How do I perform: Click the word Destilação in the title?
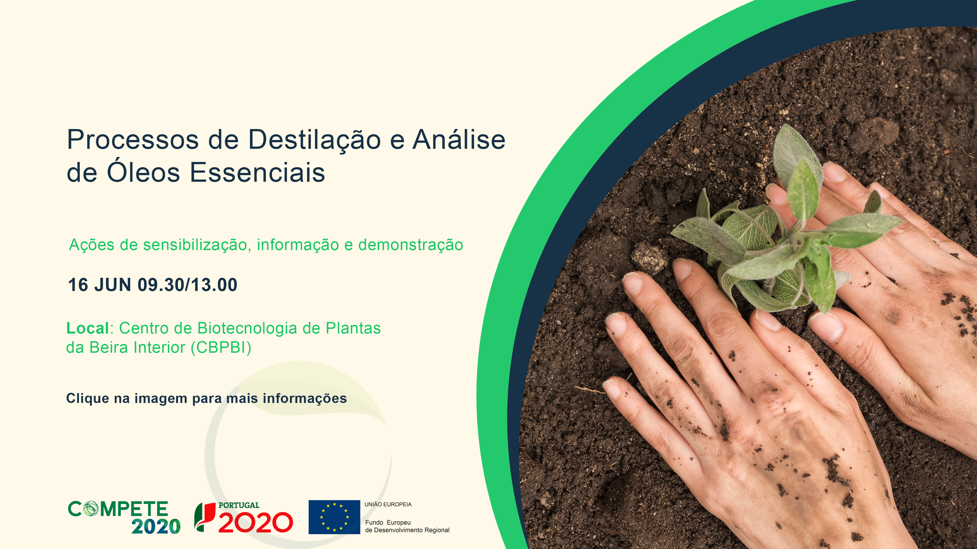coord(314,140)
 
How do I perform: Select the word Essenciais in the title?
coord(257,172)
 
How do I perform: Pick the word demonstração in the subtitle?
coord(410,245)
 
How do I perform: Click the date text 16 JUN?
coord(100,285)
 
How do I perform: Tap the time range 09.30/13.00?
coord(187,285)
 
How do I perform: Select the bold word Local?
coord(88,328)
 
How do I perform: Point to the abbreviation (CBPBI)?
coord(221,348)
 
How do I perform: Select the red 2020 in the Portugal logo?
coord(256,522)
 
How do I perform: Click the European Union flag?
coord(334,517)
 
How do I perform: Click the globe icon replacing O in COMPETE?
coord(90,509)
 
